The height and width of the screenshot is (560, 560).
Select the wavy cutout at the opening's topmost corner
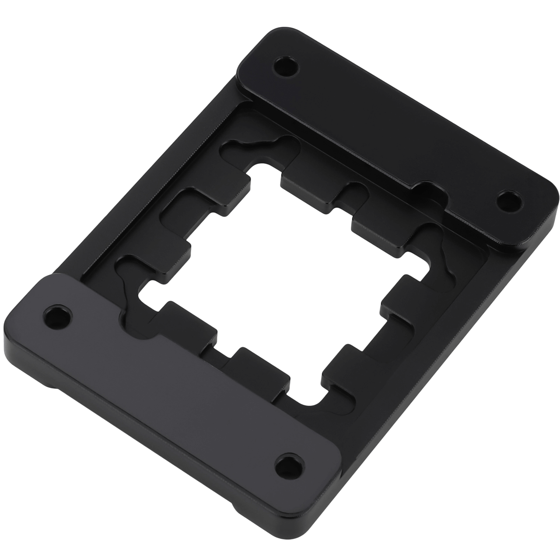coord(258,149)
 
